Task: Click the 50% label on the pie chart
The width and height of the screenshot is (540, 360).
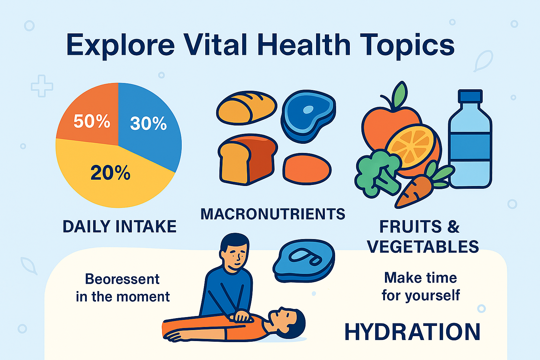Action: (92, 121)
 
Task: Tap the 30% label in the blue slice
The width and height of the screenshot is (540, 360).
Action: (148, 123)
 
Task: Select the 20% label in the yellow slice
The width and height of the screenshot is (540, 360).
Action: (110, 173)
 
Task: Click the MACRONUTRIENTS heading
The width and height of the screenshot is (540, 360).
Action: (273, 214)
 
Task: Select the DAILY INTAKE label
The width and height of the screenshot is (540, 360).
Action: (120, 226)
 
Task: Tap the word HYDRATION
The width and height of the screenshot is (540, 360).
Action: (412, 332)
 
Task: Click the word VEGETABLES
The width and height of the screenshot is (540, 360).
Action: (423, 247)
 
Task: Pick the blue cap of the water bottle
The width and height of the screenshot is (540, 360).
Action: (470, 96)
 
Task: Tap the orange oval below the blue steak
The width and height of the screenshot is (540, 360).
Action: (307, 169)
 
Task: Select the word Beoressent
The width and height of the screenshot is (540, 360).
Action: (122, 279)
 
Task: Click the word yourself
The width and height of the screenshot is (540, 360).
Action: (432, 295)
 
